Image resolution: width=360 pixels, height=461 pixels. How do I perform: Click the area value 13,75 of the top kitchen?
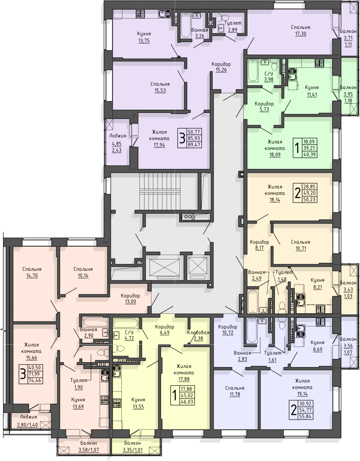(x=144, y=40)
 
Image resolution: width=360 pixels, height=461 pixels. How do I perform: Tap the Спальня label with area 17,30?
(x=301, y=27)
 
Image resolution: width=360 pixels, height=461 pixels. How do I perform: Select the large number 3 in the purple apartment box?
(x=182, y=138)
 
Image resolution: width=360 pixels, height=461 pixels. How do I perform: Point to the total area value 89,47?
(x=194, y=145)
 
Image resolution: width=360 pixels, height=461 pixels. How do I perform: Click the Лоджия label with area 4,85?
(x=118, y=136)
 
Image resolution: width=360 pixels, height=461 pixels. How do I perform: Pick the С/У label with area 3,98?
(x=268, y=74)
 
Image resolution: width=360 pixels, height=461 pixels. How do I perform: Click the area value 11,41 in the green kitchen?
(x=312, y=95)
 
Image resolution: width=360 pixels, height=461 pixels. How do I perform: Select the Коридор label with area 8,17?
(x=259, y=242)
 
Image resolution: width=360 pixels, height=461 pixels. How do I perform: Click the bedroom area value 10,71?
(x=301, y=249)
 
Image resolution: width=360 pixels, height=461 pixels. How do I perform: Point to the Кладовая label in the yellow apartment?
(x=198, y=332)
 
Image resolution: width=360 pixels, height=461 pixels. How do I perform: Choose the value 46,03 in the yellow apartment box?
(x=187, y=402)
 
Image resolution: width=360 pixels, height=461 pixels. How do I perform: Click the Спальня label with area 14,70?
(x=32, y=269)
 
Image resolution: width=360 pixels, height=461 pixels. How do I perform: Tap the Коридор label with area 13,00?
(x=130, y=296)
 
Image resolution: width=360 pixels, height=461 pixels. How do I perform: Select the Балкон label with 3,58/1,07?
(x=89, y=443)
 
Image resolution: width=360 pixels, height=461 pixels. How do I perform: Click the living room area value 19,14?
(x=302, y=394)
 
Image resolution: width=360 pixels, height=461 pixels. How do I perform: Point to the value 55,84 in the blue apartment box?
(x=305, y=416)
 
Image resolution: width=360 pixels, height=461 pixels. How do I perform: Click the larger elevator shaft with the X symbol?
(x=164, y=268)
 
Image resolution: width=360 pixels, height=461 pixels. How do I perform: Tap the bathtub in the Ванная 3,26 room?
(x=186, y=26)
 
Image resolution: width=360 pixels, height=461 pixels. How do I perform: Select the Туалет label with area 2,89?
(x=233, y=23)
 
